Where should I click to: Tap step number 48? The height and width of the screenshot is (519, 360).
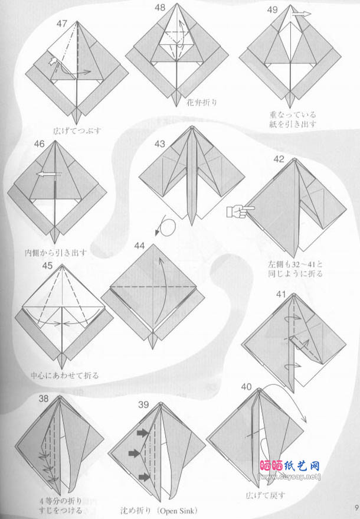pyautogui.click(x=159, y=8)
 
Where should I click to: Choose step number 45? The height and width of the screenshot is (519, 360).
pyautogui.click(x=48, y=266)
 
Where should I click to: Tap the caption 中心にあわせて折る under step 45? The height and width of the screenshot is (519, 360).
pyautogui.click(x=66, y=376)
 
